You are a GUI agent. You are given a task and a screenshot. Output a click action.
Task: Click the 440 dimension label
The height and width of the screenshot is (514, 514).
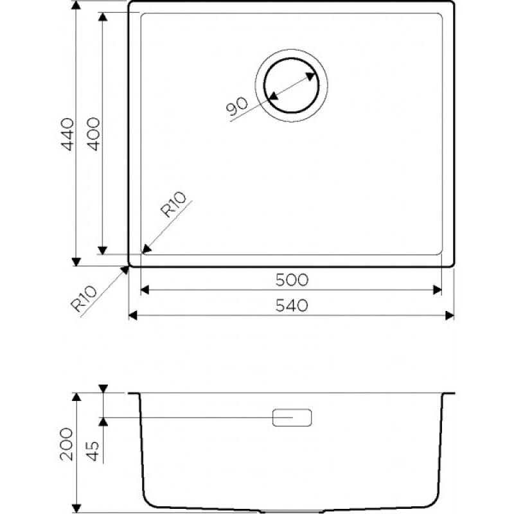[x=69, y=134]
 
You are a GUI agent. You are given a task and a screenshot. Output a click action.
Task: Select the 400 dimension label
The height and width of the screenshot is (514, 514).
[x=94, y=134]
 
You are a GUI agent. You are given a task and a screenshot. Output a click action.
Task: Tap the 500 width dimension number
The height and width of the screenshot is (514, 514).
[x=292, y=280]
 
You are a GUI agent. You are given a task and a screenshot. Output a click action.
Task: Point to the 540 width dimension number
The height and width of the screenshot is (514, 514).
[x=292, y=306]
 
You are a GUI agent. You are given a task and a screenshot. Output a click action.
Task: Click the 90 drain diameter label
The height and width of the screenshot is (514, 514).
[x=237, y=106]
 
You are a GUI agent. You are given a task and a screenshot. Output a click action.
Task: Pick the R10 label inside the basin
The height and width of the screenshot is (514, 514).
[x=173, y=204]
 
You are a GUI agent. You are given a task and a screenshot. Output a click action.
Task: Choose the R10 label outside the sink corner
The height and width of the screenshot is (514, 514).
[x=84, y=299]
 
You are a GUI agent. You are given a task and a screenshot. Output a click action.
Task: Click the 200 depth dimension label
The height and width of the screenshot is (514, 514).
[x=67, y=444]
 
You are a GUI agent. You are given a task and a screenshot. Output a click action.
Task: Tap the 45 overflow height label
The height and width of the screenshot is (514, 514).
[x=93, y=452]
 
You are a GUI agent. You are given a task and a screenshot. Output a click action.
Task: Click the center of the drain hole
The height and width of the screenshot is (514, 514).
[x=292, y=85]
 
